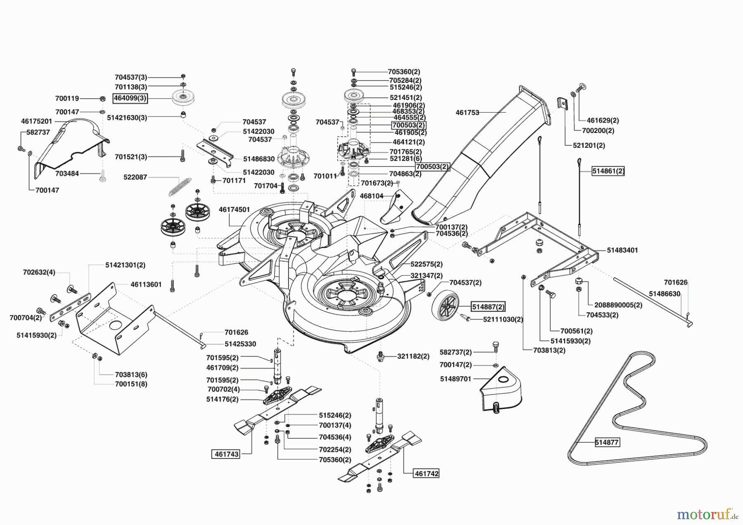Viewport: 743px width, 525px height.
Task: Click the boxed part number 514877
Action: pyautogui.click(x=607, y=442)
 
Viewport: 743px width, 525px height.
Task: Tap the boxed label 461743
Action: pyautogui.click(x=225, y=454)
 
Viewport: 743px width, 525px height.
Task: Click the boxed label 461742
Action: pyautogui.click(x=426, y=473)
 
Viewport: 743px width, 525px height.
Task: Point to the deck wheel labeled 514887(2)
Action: pyautogui.click(x=446, y=308)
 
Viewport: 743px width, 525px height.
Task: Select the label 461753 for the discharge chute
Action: pyautogui.click(x=467, y=112)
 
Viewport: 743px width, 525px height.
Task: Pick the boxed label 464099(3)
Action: pyautogui.click(x=130, y=99)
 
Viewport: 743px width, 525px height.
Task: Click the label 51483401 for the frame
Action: pyautogui.click(x=622, y=250)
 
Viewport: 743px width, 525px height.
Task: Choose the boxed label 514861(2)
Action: pyautogui.click(x=608, y=171)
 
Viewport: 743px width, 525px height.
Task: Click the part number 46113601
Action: pyautogui.click(x=146, y=284)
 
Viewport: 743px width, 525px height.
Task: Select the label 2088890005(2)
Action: pyautogui.click(x=618, y=305)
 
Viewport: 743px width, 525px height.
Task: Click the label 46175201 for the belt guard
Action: pyautogui.click(x=36, y=121)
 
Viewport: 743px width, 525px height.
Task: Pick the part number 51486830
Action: pyautogui.click(x=259, y=158)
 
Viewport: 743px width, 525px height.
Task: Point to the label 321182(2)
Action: pyautogui.click(x=413, y=356)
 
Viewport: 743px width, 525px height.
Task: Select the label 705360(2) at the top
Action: pyautogui.click(x=404, y=71)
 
